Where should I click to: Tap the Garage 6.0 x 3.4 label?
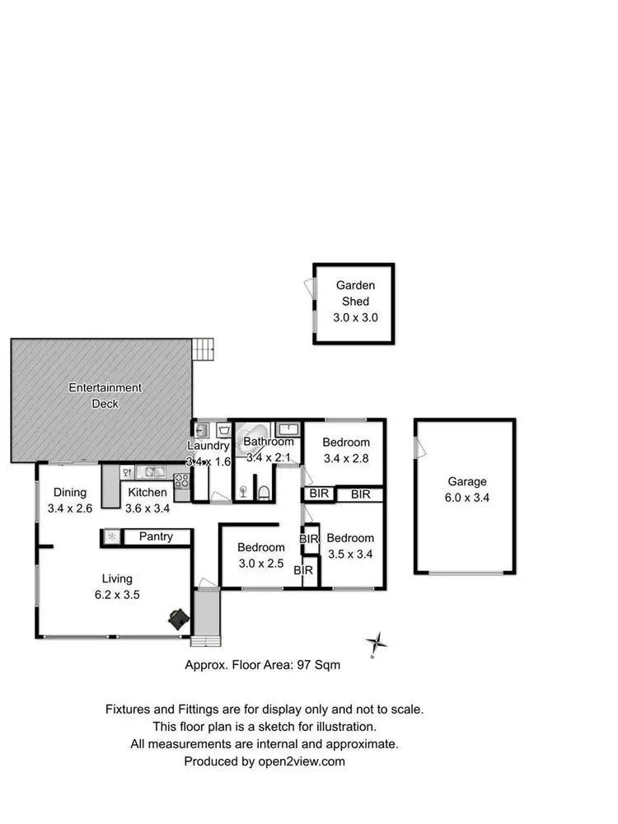(467, 489)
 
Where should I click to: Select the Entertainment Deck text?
(105, 396)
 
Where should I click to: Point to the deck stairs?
(204, 349)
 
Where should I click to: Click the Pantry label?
(156, 536)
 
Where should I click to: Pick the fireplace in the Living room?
(178, 618)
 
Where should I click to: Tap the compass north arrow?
(377, 643)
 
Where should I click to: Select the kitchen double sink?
(153, 472)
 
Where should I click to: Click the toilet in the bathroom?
(263, 493)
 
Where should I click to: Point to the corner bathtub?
(252, 434)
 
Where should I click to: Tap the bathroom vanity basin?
(288, 428)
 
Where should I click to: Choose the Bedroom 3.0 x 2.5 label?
(261, 555)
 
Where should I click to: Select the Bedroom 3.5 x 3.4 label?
(350, 545)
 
